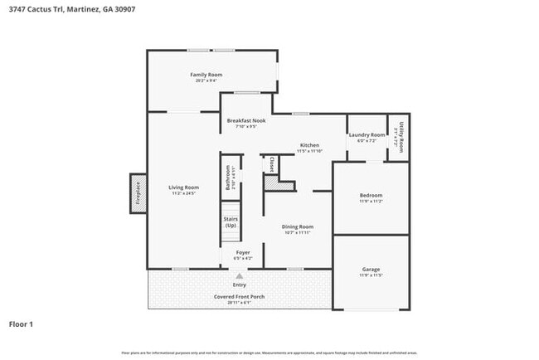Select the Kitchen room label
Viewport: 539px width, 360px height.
[309, 145]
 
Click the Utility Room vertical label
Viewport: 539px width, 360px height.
[401, 137]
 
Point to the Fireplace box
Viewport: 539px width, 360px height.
[138, 193]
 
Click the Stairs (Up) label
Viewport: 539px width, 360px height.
[231, 221]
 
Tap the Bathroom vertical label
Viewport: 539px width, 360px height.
[229, 178]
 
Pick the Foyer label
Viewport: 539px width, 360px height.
[243, 252]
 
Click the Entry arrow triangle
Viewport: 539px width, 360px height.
[240, 275]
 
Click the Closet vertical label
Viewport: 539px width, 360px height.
[271, 164]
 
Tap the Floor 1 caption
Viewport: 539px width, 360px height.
[21, 324]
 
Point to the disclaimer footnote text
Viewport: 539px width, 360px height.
[269, 353]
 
